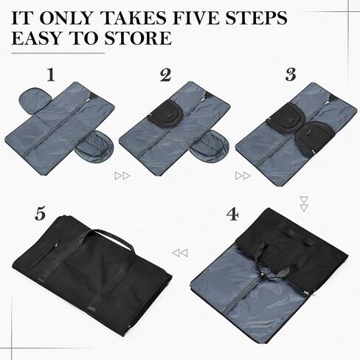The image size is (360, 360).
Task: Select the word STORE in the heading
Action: [138, 38]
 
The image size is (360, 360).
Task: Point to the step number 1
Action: [51, 75]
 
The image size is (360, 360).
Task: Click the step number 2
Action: [166, 75]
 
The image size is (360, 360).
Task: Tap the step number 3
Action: [291, 75]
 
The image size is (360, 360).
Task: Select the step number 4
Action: [232, 215]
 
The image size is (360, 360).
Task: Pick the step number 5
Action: [40, 214]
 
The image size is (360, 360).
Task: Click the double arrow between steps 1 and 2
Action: [122, 176]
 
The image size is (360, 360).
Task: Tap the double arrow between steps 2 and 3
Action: [243, 176]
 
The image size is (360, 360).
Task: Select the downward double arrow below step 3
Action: [304, 204]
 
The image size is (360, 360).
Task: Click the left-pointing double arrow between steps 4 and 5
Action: [180, 253]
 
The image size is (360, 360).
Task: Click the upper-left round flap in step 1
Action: [34, 100]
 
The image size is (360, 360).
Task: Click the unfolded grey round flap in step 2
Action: [211, 145]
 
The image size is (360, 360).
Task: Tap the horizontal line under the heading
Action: [58, 53]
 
